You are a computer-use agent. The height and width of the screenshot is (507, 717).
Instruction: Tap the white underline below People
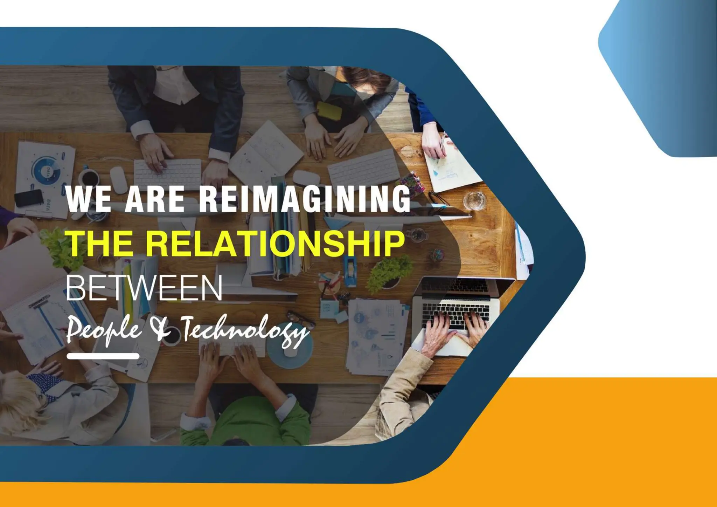click(103, 356)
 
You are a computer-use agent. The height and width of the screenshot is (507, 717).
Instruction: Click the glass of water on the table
click(475, 200)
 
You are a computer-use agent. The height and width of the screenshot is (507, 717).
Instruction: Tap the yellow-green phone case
click(329, 110)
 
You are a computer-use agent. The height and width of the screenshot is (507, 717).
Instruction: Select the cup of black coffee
click(89, 177)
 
